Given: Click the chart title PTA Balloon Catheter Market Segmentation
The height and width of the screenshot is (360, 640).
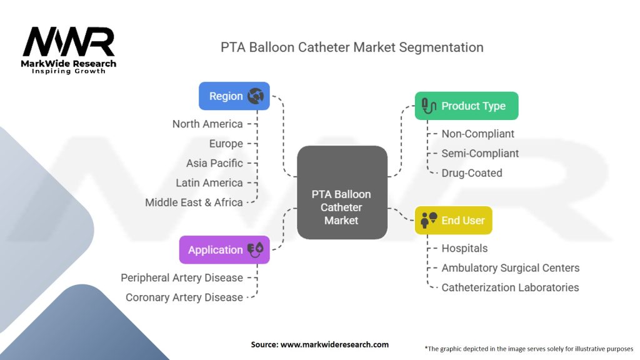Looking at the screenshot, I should pos(352,47).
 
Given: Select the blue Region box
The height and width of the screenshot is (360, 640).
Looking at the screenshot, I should pos(234,96).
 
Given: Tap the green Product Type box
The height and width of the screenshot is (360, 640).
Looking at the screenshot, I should pos(466,106).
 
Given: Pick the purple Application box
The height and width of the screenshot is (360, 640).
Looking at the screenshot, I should pos(224,249).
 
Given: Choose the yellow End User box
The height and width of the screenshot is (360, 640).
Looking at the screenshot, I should pos(454,220).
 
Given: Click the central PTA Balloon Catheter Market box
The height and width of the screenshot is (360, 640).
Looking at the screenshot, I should pos(341,207).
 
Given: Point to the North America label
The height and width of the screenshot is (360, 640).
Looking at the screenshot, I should pos(207,124).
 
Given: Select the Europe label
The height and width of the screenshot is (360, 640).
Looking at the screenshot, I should pos(226,144).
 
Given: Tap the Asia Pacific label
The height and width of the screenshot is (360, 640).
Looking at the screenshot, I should pos(214,163).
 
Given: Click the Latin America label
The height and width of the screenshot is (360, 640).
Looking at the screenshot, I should pos(209,182).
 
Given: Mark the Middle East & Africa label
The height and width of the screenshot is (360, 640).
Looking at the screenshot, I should pos(194,202).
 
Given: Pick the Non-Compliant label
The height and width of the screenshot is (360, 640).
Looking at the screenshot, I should pos(478,134).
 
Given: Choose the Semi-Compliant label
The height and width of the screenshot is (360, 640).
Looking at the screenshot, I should pos(480,153).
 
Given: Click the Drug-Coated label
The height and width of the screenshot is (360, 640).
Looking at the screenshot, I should pos(472,173).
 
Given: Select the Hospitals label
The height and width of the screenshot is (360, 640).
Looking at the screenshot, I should pos(464,248).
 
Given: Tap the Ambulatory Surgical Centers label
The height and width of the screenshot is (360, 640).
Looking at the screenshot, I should pos(511,268).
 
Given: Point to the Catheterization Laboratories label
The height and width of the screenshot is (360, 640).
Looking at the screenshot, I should pos(510,287).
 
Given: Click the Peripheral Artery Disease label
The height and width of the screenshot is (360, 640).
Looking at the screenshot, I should pos(182,277).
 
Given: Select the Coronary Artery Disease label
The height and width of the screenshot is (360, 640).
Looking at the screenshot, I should pos(184,297).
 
